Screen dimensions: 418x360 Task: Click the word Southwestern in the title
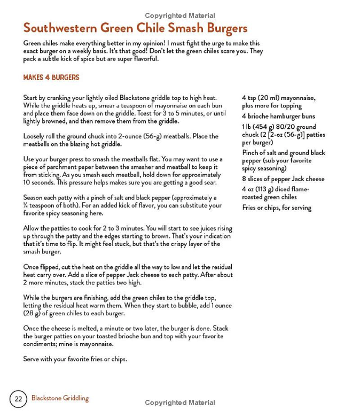(x=59, y=28)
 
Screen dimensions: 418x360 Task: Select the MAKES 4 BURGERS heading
(x=51, y=78)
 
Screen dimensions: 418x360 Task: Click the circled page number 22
(x=18, y=399)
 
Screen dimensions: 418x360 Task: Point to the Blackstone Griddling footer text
(x=60, y=398)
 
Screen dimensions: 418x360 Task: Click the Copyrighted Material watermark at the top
(x=180, y=16)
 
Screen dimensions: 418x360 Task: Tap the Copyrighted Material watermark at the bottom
(x=180, y=403)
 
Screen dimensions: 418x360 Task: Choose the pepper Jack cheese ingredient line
(x=283, y=179)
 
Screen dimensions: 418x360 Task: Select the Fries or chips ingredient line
(x=276, y=208)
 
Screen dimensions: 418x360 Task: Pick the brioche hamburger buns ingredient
(x=278, y=117)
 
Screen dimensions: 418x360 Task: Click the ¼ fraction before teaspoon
(x=25, y=206)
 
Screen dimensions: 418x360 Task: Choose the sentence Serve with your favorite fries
(x=75, y=359)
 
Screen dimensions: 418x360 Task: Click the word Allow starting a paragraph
(x=32, y=229)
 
